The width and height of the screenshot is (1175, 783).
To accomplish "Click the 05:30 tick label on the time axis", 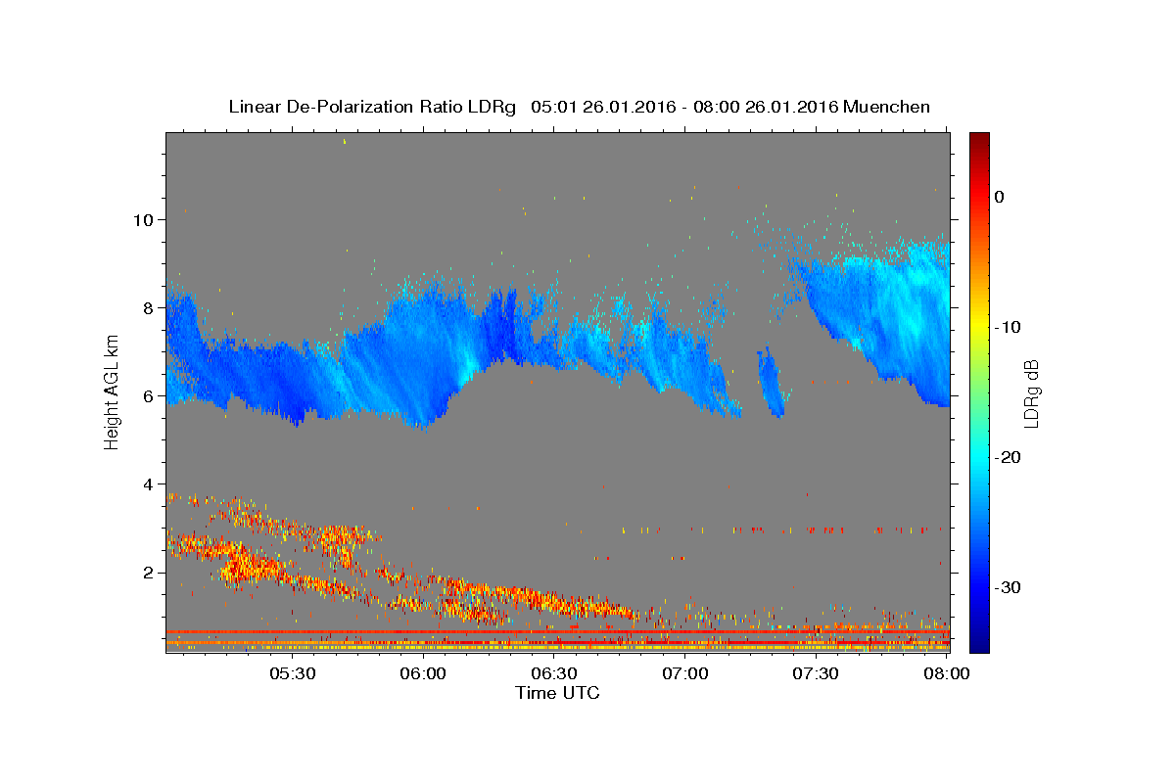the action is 293,674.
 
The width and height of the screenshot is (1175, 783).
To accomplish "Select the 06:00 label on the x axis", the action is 423,674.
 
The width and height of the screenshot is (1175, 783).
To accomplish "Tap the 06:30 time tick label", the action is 554,674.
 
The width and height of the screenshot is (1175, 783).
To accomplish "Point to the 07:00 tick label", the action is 685,674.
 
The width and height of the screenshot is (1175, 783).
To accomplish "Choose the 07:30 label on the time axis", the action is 816,674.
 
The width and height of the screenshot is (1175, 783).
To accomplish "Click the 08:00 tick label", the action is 947,674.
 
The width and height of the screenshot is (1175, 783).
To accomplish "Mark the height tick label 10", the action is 143,220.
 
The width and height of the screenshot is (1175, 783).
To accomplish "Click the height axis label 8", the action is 149,308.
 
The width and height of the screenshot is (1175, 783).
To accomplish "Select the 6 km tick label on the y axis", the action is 149,396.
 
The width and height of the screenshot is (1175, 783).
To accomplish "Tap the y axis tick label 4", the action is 149,484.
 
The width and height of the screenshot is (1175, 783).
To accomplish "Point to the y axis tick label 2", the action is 149,573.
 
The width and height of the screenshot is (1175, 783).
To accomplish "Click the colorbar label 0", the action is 1000,197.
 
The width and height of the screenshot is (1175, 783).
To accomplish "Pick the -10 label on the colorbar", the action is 1008,327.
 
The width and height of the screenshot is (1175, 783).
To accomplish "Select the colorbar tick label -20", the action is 1008,457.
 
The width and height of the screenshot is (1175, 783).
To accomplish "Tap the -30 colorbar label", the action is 1008,587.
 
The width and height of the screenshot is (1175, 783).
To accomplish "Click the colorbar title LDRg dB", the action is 1032,393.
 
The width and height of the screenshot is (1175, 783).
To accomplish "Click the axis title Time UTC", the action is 557,693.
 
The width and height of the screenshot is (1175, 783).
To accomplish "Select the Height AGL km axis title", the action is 112,392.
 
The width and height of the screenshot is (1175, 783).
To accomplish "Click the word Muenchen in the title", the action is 886,107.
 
